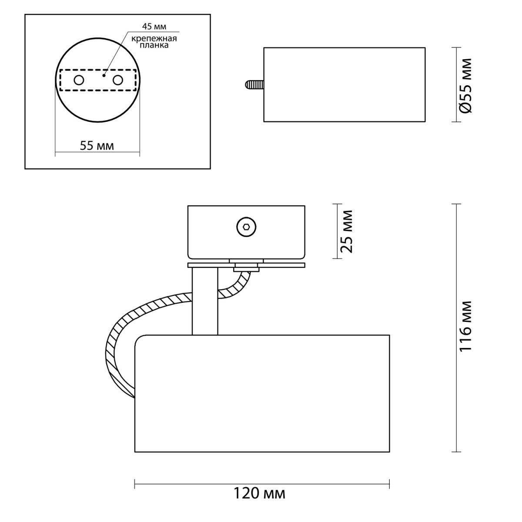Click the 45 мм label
pos(154,27)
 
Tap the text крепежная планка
pos(154,42)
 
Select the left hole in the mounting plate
pos(79,80)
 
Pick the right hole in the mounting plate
pos(118,80)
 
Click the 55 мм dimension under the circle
pos(97,146)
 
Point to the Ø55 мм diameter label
pos(466,86)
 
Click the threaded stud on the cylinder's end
pos(254,84)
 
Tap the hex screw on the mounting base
pos(246,227)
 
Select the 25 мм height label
pos(346,231)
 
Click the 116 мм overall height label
pos(466,326)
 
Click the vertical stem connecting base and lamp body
pos(205,301)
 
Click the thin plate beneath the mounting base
pos(246,265)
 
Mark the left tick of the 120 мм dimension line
pos(135,484)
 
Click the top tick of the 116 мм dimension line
pos(456,204)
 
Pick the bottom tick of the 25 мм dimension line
pos(337,258)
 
